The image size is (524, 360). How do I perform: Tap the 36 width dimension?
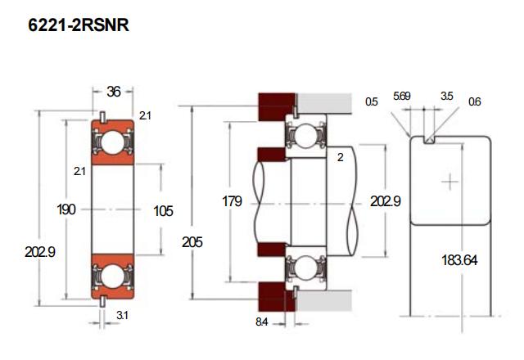tap(114, 92)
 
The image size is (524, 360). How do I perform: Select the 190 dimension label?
tap(66, 210)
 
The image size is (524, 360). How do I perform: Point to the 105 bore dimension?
tap(163, 210)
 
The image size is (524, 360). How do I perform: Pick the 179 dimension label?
tap(232, 200)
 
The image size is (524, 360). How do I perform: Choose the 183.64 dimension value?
tap(458, 260)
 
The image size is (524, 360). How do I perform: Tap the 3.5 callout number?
tap(446, 97)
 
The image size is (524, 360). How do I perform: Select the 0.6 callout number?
tap(475, 101)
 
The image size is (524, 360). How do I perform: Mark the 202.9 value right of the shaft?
tap(386, 200)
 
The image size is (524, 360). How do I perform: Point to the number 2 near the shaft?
tap(340, 157)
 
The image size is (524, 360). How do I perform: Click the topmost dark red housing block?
tap(275, 105)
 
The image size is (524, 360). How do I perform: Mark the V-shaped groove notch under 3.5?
tap(428, 140)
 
